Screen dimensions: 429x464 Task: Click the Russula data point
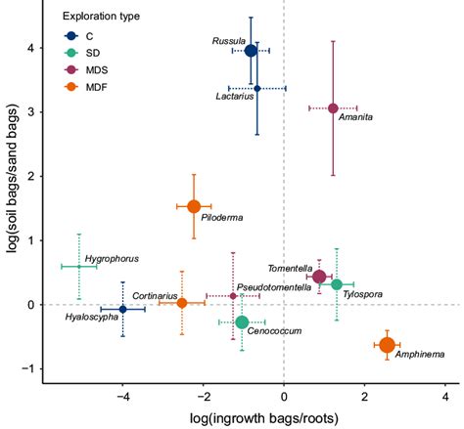coord(251,50)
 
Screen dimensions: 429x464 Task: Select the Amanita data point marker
coord(333,107)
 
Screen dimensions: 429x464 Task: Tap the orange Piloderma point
coord(194,206)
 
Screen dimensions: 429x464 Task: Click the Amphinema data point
coord(387,345)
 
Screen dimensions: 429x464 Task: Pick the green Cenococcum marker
coord(242,322)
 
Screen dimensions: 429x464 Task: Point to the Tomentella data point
coord(319,277)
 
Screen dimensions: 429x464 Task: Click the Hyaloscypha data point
coord(122,309)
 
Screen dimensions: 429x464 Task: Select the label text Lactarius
coord(236,96)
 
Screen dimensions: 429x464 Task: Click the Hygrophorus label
coord(112,259)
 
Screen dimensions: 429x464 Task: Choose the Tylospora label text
coord(362,294)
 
